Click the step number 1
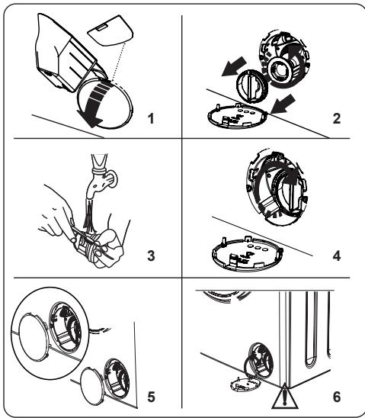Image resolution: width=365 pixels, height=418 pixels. [x=151, y=119]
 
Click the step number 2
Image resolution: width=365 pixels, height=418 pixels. [x=337, y=119]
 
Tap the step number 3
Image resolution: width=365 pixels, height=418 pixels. [x=151, y=256]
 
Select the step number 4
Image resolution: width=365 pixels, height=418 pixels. [x=337, y=256]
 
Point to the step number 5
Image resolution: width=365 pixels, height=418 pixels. [x=151, y=397]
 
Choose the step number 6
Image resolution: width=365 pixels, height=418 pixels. [x=337, y=397]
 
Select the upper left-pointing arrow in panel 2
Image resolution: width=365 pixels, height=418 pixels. [x=234, y=66]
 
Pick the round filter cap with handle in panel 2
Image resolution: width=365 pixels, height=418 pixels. [x=251, y=86]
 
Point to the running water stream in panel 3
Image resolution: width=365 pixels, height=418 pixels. [x=89, y=217]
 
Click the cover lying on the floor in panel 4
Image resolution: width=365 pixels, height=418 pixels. [x=248, y=253]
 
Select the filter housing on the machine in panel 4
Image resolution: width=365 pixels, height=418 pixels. [x=277, y=188]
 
